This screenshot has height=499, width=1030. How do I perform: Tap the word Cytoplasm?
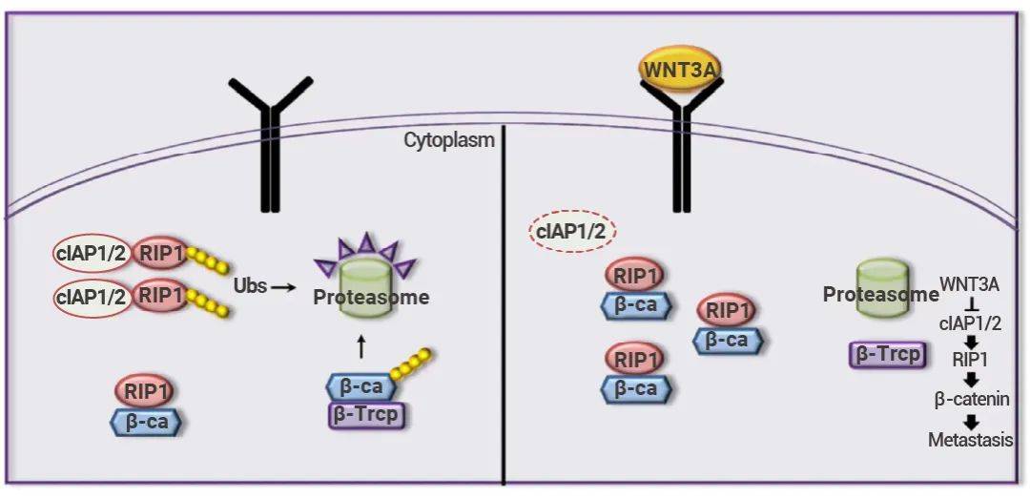[x=449, y=140]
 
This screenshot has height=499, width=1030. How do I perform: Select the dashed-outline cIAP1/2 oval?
[x=573, y=231]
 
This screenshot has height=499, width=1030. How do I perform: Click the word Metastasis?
[x=970, y=440]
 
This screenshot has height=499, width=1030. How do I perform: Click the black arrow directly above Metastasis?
[x=970, y=421]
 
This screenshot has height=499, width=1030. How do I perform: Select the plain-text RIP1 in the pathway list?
[x=970, y=360]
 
